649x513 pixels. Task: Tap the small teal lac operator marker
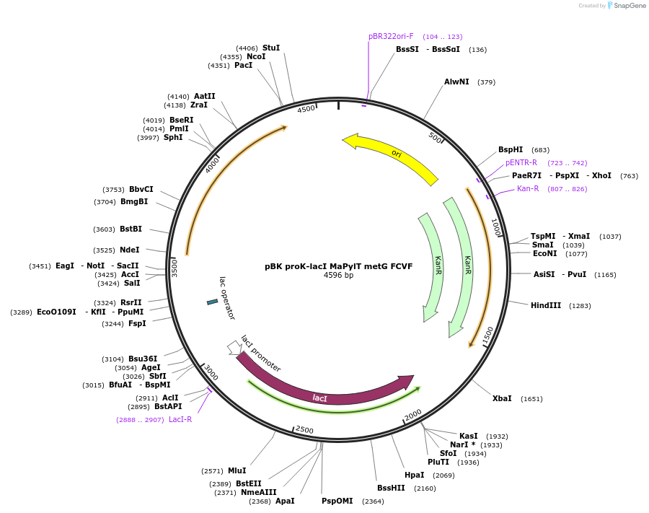212,302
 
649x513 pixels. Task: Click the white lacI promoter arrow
234,348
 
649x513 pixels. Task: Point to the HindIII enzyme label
546,306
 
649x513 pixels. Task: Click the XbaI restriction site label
502,399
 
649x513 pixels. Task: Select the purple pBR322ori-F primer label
391,36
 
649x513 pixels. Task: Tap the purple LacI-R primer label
180,419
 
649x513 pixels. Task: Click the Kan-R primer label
528,189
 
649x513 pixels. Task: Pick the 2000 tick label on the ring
413,414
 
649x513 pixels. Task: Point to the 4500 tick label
306,109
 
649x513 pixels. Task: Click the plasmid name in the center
339,266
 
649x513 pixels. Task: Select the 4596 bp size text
339,276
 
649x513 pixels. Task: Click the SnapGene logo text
630,5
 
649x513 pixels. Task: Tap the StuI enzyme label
271,48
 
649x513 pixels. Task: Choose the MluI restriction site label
237,470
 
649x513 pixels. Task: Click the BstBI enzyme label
131,229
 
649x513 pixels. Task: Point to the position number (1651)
532,399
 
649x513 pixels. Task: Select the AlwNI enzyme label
456,82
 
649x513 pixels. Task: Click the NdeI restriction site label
130,250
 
